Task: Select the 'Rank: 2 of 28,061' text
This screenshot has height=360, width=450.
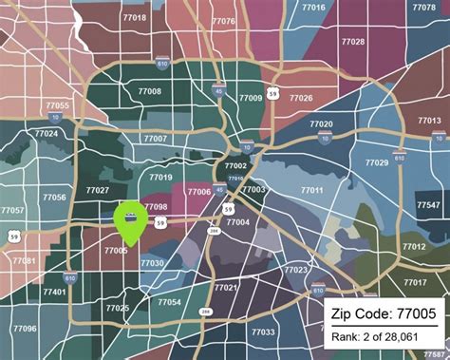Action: click(x=384, y=336)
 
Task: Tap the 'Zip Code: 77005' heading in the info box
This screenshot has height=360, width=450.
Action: click(x=384, y=313)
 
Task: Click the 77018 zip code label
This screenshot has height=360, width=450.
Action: click(x=135, y=18)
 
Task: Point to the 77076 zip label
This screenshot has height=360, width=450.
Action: click(x=224, y=20)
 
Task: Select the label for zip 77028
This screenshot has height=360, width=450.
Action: click(x=352, y=42)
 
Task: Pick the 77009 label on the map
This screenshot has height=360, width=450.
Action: click(x=251, y=98)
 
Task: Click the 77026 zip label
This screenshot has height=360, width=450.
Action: click(x=301, y=98)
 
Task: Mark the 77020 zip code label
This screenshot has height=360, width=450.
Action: click(x=321, y=124)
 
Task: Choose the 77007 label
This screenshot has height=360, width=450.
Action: click(x=156, y=140)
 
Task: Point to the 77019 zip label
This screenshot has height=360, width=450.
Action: click(x=161, y=178)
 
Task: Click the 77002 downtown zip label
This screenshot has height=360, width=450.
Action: click(x=235, y=166)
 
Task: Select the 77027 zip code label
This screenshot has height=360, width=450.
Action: click(x=97, y=190)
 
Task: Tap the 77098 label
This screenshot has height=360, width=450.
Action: click(x=157, y=206)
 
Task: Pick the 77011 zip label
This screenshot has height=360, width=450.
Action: click(x=312, y=190)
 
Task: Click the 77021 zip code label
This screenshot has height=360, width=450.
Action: click(x=226, y=287)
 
